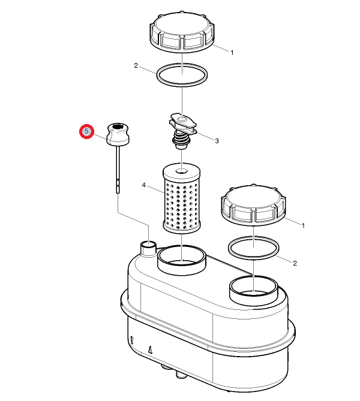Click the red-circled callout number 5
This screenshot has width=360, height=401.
86,131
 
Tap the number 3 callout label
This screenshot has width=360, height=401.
217,141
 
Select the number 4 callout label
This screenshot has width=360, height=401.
143,185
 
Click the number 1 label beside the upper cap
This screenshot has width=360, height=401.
232,53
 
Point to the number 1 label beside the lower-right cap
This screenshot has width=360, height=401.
303,225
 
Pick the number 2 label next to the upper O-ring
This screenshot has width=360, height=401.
136,66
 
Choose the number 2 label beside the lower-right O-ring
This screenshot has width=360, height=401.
295,263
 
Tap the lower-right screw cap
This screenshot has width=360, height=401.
253,204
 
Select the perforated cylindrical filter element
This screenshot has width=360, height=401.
182,198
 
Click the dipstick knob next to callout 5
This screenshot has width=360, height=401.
118,134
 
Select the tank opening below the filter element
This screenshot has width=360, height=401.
182,260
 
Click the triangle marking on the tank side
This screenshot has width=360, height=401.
151,349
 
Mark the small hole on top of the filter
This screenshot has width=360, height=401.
182,171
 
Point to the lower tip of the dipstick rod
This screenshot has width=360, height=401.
118,193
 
